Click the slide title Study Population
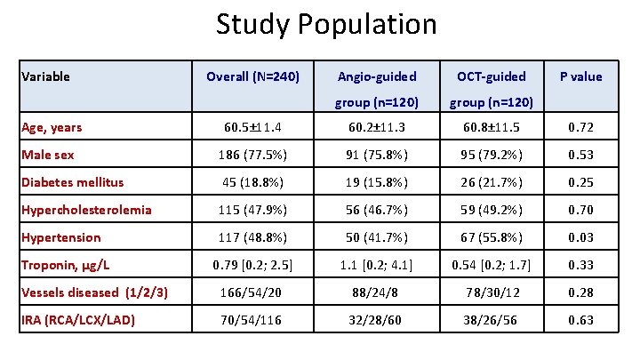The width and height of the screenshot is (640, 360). pos(326,24)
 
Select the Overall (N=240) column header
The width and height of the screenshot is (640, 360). pos(254,76)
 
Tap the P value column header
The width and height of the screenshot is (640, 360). pos(580,76)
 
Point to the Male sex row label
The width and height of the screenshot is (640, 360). pos(48,155)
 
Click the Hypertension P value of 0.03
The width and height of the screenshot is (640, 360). pos(580,237)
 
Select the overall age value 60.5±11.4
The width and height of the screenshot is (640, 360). pos(254,127)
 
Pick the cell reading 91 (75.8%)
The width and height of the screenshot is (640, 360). pos(376,155)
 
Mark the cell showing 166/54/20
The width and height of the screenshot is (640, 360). pos(254,292)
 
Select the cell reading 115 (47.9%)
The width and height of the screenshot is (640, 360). pos(254,210)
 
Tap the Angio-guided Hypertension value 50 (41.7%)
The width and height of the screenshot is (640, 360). pos(376,237)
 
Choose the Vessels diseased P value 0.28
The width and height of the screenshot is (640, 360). pos(580,292)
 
